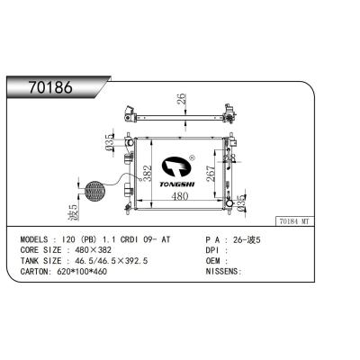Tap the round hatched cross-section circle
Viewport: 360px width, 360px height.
pyautogui.click(x=94, y=190)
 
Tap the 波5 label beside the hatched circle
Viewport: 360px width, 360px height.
pyautogui.click(x=74, y=213)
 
